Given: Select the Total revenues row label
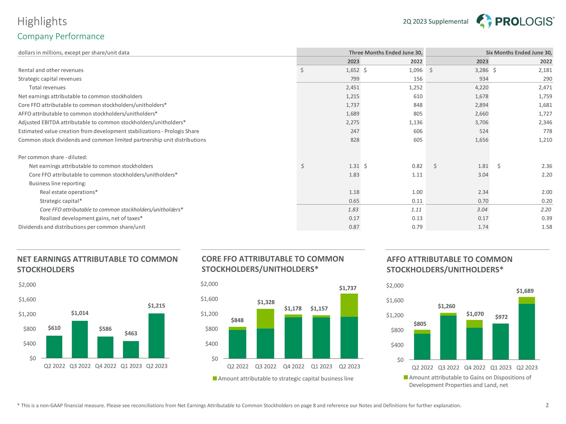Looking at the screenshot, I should point(47,87).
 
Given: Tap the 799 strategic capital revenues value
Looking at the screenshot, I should point(355,79).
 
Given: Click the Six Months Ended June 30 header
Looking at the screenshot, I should point(519,53).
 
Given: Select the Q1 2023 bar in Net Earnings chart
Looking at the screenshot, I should point(131,349).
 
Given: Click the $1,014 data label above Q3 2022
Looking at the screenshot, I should point(80,313).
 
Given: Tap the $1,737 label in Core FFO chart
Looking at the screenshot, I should point(348,288).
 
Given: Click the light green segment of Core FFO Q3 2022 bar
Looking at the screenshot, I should point(265,318).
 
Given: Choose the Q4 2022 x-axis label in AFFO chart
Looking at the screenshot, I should point(475,367).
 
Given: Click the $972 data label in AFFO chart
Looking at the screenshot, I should point(501,317).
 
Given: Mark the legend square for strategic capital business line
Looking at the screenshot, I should point(215,378).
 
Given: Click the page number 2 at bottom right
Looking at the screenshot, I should point(547,405).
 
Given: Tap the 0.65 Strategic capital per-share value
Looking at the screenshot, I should point(354,201).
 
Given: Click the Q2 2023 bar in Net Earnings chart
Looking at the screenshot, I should point(156,336).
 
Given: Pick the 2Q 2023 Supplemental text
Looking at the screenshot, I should point(435,21).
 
